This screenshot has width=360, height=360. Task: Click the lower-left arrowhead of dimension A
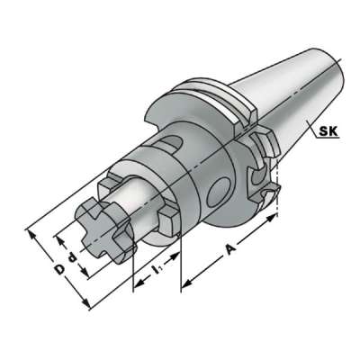coord(184,289)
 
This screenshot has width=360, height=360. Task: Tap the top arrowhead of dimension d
coord(58,238)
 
